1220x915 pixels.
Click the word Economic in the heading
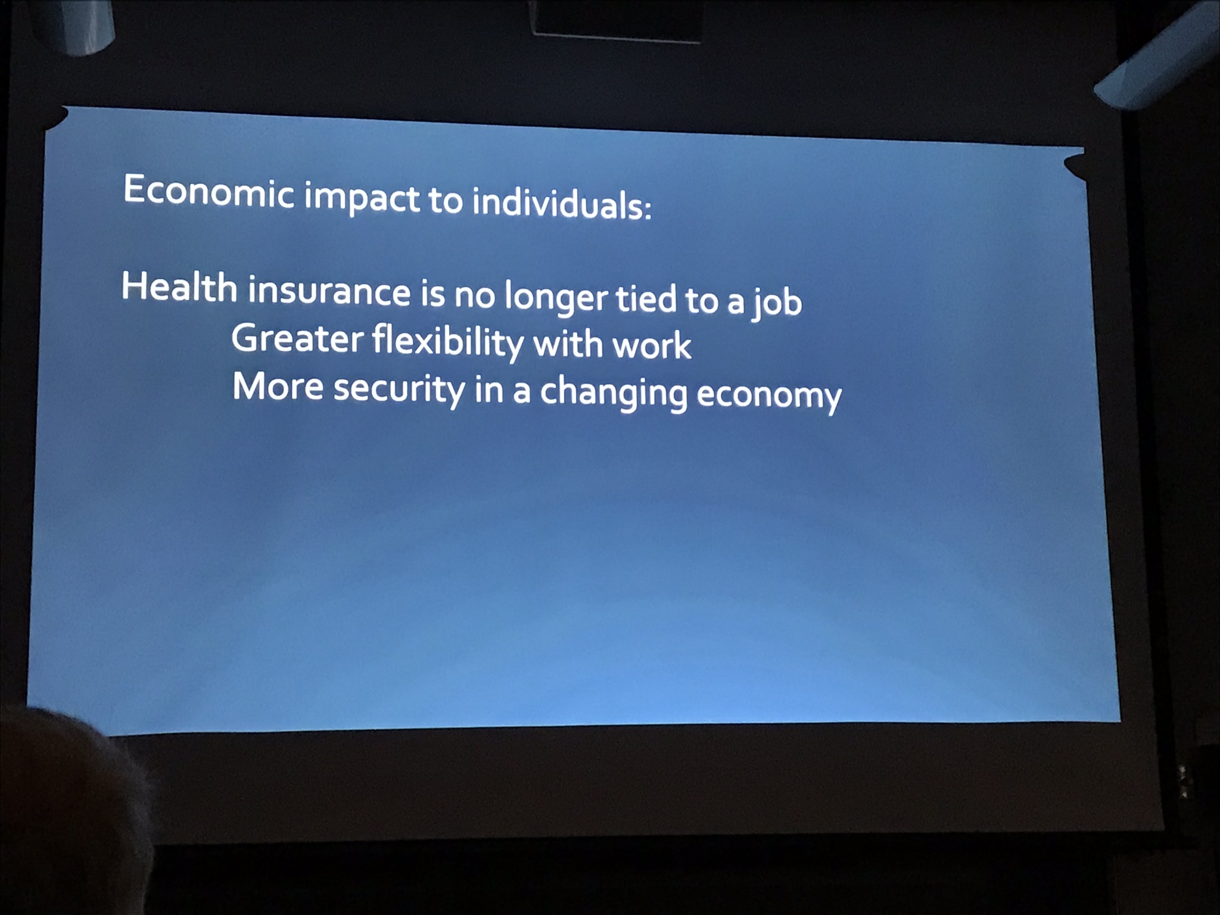click(x=208, y=191)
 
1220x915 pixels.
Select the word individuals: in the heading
click(x=562, y=204)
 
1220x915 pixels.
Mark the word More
click(x=278, y=386)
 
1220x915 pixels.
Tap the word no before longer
click(x=474, y=296)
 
